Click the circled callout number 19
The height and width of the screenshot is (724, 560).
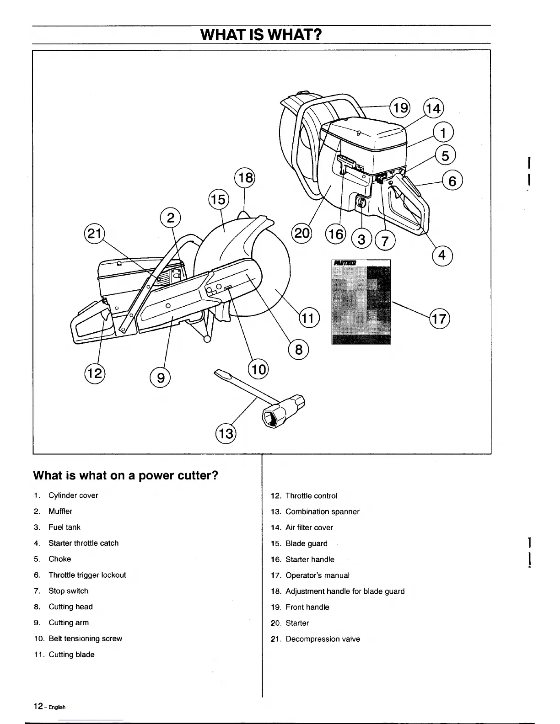pyautogui.click(x=400, y=108)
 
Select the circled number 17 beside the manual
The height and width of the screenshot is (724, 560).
pyautogui.click(x=439, y=318)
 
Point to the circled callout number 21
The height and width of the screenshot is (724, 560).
pyautogui.click(x=94, y=234)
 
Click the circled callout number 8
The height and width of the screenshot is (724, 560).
pyautogui.click(x=299, y=350)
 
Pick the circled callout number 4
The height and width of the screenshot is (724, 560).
pyautogui.click(x=442, y=255)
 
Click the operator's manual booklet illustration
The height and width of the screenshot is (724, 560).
pyautogui.click(x=361, y=301)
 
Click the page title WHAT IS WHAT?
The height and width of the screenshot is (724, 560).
pyautogui.click(x=261, y=34)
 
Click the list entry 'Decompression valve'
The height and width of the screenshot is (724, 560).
pyautogui.click(x=323, y=639)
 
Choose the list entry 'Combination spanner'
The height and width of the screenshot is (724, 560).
pyautogui.click(x=322, y=511)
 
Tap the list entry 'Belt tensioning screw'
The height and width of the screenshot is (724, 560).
pyautogui.click(x=85, y=639)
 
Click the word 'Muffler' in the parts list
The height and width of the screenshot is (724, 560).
pyautogui.click(x=60, y=511)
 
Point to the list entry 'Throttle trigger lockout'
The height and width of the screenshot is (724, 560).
pyautogui.click(x=87, y=575)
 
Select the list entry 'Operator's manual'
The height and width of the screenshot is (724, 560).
pyautogui.click(x=317, y=575)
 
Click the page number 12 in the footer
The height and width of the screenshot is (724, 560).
pyautogui.click(x=38, y=706)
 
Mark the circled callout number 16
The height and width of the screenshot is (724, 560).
pyautogui.click(x=335, y=234)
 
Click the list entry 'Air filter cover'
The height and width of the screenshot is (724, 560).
pyautogui.click(x=309, y=527)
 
